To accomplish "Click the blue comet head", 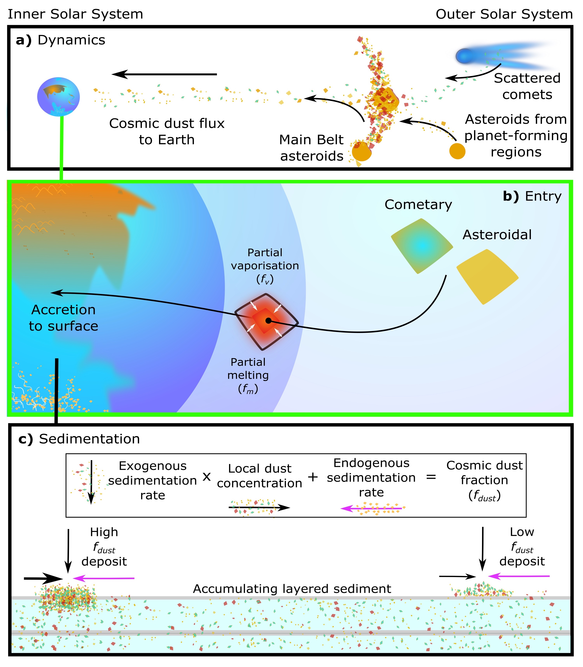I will (465, 56).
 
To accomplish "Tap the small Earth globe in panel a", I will (59, 97).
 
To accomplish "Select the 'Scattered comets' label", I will (527, 86).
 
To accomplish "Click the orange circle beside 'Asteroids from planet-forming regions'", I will (457, 151).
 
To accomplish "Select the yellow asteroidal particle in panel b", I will (487, 276).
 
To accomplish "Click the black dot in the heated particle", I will (268, 321).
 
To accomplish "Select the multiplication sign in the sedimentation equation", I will (207, 477).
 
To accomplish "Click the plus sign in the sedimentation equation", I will (313, 477).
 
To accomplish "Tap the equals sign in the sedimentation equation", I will (431, 477).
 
